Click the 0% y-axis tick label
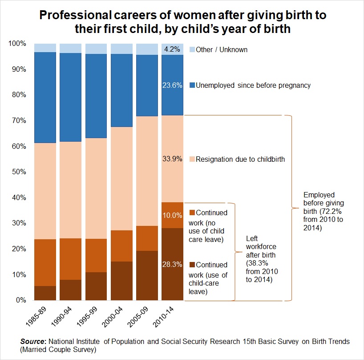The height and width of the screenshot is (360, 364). (x=22, y=300)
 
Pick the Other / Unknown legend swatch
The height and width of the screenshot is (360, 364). (x=192, y=49)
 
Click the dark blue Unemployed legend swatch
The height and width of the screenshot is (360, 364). (x=192, y=86)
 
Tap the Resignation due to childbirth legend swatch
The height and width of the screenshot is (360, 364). (x=192, y=159)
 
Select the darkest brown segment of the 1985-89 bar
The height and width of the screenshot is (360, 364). (x=45, y=293)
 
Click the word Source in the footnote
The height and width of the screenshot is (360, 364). (x=31, y=341)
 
